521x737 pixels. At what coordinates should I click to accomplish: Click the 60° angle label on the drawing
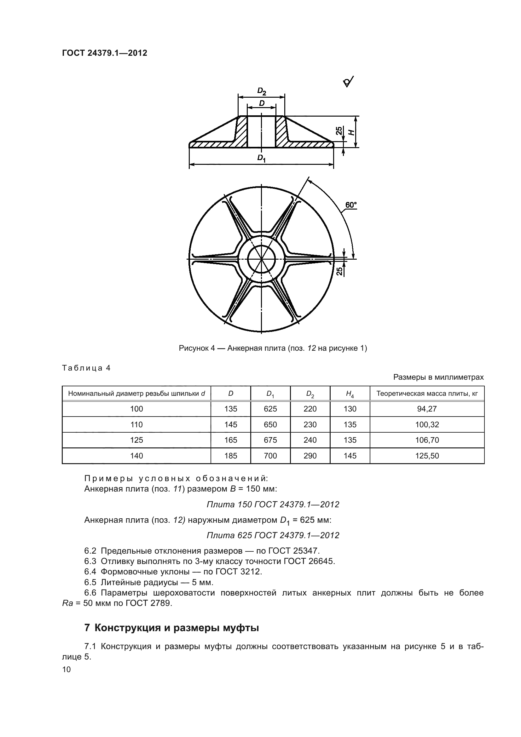click(x=351, y=205)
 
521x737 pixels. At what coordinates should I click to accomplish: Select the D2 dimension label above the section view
click(x=262, y=92)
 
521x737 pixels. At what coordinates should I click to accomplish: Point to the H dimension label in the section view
click(x=352, y=132)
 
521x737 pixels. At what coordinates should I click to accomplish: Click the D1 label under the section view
click(x=261, y=158)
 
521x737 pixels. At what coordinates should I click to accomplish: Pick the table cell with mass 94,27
click(x=427, y=409)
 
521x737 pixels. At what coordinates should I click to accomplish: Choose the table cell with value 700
click(x=270, y=456)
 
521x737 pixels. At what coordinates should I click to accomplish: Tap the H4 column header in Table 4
click(x=350, y=394)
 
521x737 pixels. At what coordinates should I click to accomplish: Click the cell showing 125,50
click(x=427, y=456)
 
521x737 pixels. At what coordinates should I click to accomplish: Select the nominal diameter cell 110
click(x=136, y=425)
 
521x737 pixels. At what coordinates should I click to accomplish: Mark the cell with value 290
click(x=310, y=456)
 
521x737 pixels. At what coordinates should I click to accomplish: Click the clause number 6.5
click(x=90, y=582)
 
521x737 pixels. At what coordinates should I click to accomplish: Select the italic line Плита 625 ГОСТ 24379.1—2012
click(x=273, y=535)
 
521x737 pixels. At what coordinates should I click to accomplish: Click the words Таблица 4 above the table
click(x=86, y=368)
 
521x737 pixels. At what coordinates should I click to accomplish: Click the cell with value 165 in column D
click(x=230, y=440)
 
